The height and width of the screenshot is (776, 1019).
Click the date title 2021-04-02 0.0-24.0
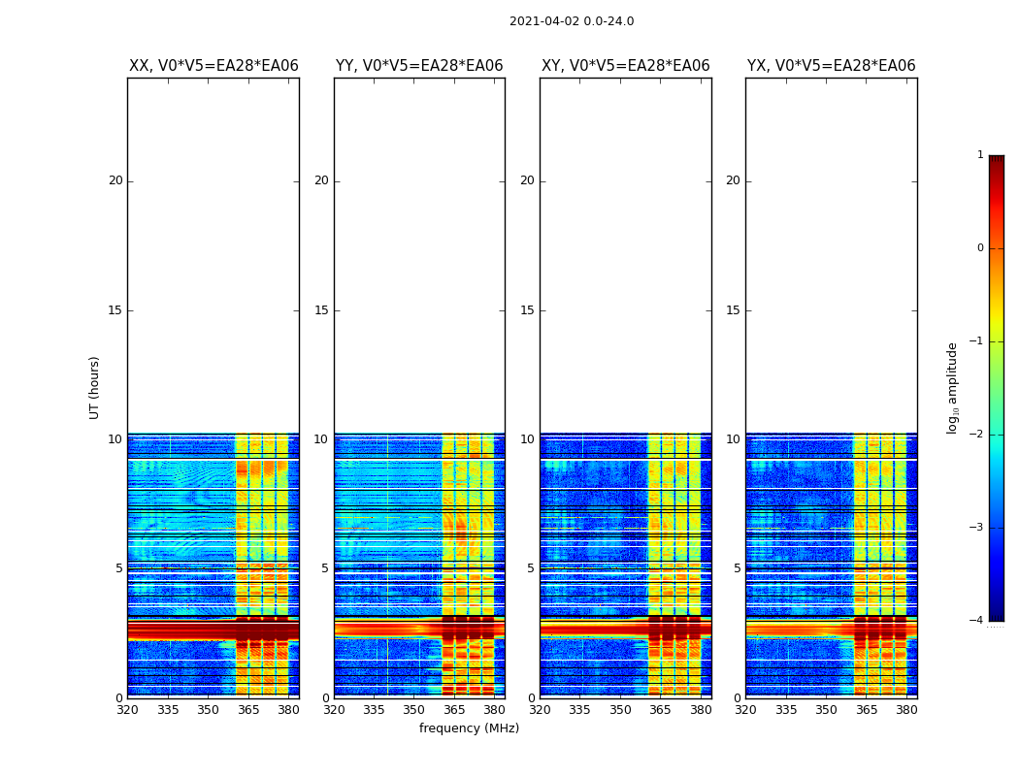point(571,21)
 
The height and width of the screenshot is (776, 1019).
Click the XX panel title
point(214,66)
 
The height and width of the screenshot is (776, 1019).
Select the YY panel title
point(419,66)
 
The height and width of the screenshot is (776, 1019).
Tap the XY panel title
point(625,66)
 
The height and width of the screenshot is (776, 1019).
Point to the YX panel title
point(831,66)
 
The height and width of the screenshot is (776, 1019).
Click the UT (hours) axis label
point(95,387)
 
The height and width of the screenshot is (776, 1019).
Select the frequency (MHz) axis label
point(469,728)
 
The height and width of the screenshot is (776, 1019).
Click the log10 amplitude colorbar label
point(953,387)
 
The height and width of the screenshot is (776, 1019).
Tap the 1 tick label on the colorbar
point(980,155)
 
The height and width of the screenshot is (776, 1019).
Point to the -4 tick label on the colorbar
point(977,621)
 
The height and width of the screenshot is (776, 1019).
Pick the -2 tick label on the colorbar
point(977,435)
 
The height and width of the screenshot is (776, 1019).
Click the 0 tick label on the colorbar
point(980,248)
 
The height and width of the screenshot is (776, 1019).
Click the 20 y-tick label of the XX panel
point(115,180)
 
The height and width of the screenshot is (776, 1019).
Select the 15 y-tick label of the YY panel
point(321,310)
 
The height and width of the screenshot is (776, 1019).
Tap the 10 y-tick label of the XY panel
point(527,439)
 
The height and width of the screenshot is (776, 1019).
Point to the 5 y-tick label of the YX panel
point(737,568)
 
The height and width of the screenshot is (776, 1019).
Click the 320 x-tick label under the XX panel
point(127,710)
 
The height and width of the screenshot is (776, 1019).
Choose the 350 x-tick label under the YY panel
point(414,710)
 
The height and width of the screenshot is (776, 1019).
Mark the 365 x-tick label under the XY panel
point(660,710)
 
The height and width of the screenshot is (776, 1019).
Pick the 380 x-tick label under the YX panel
point(906,710)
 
